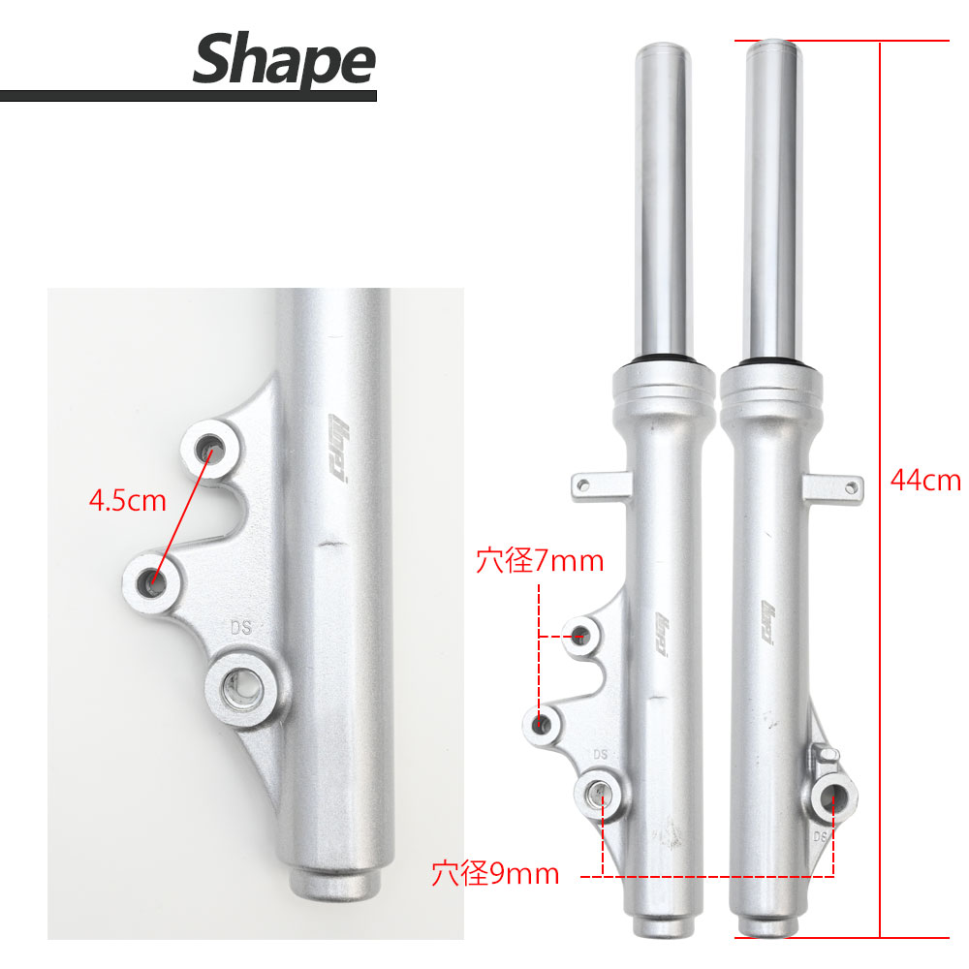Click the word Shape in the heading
283,59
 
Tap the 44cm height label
924,480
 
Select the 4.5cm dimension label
127,501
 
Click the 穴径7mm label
540,561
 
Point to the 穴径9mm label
495,874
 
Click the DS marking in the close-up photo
241,627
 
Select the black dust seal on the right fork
770,364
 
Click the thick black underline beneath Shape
188,96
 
